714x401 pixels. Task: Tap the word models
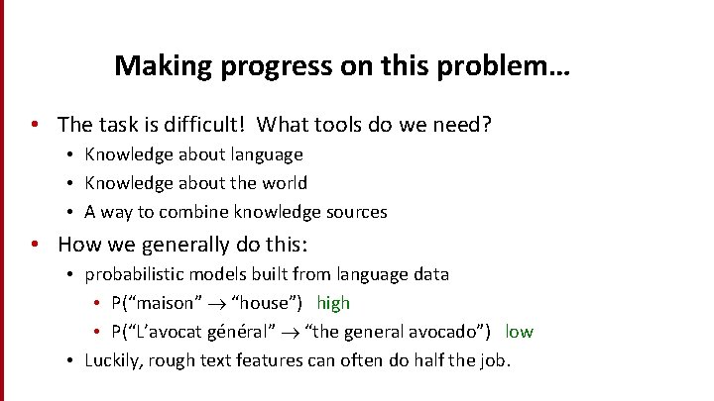(x=222, y=274)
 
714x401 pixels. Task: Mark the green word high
(x=333, y=303)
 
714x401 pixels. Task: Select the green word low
(x=519, y=332)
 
